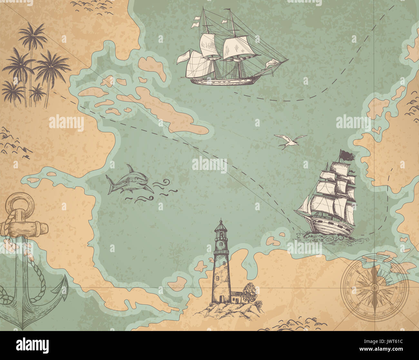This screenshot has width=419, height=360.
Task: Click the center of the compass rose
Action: coord(374,285)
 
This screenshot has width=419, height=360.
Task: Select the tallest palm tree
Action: coord(32,39)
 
